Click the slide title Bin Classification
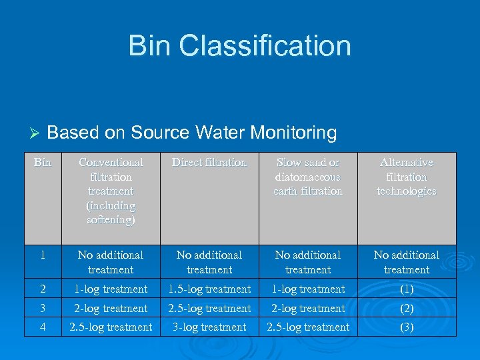point(239,46)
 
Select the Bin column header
point(43,163)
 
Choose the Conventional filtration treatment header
point(111,191)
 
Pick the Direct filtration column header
point(209,163)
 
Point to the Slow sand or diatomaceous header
point(308,177)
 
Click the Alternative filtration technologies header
point(407,177)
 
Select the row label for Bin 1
point(43,255)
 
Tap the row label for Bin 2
point(43,289)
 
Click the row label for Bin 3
point(43,309)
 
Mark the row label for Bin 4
point(43,327)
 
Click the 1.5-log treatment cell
point(209,289)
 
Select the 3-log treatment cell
point(209,327)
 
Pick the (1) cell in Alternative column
point(407,289)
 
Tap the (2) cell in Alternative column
point(407,309)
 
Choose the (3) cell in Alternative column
point(407,327)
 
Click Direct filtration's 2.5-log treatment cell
point(209,309)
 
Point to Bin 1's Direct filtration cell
point(209,262)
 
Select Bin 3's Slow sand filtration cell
point(308,309)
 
